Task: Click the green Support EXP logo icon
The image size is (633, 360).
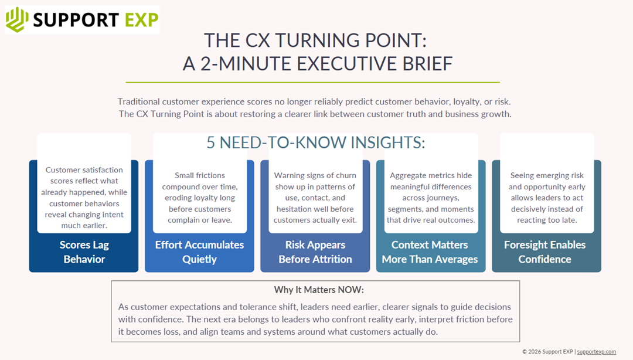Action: pos(18,20)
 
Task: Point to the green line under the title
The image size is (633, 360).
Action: pos(312,82)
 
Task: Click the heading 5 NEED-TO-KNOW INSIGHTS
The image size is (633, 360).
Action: pos(315,142)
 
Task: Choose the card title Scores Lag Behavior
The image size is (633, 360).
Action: pos(84,252)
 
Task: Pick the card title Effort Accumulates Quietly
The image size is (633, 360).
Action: pos(199,252)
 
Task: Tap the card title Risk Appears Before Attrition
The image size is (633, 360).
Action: pos(315,252)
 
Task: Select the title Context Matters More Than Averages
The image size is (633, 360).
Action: pos(430,252)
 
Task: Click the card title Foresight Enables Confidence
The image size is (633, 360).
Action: pos(544,252)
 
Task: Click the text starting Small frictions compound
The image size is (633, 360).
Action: pos(200,198)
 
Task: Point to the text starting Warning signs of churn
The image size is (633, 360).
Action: pos(315,198)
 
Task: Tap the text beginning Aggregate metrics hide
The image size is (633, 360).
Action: pos(430,198)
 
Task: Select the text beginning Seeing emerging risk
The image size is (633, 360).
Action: pos(546,198)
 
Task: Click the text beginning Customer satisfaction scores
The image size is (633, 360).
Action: pos(84,198)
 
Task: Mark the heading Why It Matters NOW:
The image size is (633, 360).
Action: pos(315,290)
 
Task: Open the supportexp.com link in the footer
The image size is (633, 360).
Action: pos(596,352)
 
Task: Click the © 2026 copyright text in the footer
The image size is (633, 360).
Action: pos(547,352)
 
